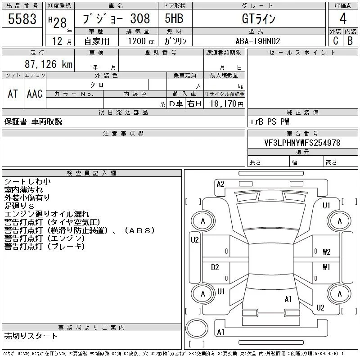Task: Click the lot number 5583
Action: tap(22, 19)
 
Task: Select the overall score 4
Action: tap(343, 18)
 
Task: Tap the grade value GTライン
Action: tap(258, 18)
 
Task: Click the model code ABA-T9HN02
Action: tap(258, 41)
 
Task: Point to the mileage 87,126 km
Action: tap(49, 64)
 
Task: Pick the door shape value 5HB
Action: tap(174, 18)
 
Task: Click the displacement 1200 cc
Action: tap(141, 41)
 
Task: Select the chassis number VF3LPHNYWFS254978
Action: tap(302, 143)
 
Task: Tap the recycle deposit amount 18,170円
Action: tap(227, 104)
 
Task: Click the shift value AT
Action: tap(13, 94)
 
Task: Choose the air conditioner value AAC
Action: tap(35, 94)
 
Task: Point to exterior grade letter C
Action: tap(336, 41)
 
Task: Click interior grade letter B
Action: tap(350, 41)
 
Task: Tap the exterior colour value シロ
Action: tap(97, 85)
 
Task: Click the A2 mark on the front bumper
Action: tap(220, 184)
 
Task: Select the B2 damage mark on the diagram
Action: tap(215, 267)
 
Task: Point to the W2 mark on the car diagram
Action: tap(327, 252)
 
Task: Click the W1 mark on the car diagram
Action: tap(326, 267)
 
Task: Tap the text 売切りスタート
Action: tap(31, 336)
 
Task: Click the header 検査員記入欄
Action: tap(91, 173)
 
